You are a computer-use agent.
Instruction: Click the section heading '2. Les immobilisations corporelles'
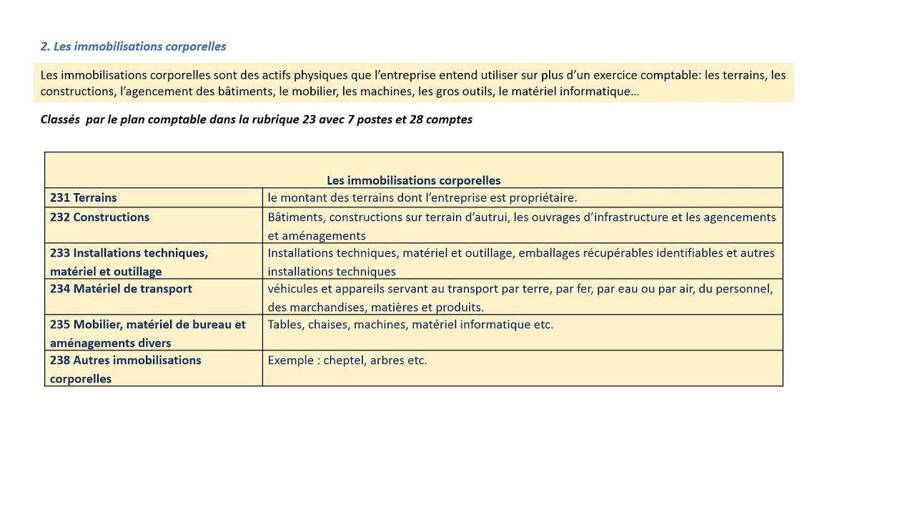point(133,46)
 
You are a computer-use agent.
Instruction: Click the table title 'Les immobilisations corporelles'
point(413,180)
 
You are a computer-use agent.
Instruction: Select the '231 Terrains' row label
point(83,197)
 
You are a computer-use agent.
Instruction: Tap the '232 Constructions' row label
point(99,217)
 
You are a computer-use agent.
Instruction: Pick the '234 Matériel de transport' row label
point(121,288)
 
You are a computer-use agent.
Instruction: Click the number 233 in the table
point(60,252)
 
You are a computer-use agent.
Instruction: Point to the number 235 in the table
point(60,324)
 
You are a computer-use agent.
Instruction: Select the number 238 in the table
point(60,360)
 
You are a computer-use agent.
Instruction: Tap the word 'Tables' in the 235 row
point(285,324)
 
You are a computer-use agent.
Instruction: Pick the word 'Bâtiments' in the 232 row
point(295,217)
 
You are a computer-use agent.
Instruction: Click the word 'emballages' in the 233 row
point(548,252)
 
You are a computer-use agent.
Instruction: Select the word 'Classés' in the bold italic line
point(60,119)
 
